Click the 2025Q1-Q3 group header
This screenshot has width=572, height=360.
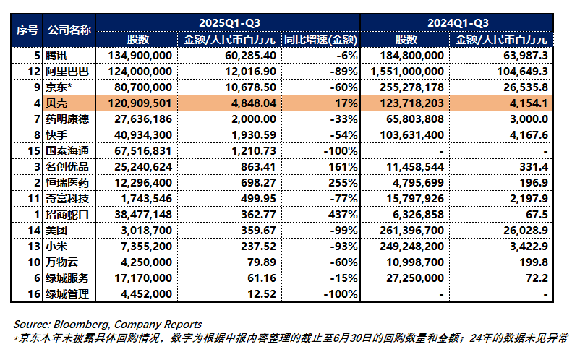click(227, 23)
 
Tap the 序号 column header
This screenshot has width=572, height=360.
click(27, 30)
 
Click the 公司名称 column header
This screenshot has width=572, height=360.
click(69, 30)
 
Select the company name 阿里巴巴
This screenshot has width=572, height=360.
click(67, 71)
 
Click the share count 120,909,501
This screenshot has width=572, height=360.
click(139, 103)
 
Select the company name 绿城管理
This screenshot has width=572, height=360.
click(67, 293)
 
